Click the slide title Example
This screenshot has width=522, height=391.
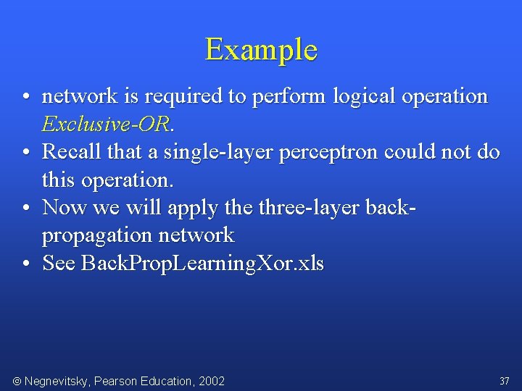pos(261,50)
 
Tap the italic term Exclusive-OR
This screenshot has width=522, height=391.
pos(106,124)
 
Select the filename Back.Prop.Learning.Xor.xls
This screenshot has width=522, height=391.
pos(202,264)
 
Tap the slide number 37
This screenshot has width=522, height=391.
pos(504,381)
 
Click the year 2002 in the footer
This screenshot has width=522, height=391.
pos(211,381)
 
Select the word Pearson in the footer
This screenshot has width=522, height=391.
pos(118,381)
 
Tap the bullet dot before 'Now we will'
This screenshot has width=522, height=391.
pos(25,209)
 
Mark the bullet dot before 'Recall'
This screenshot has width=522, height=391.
pos(25,153)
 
